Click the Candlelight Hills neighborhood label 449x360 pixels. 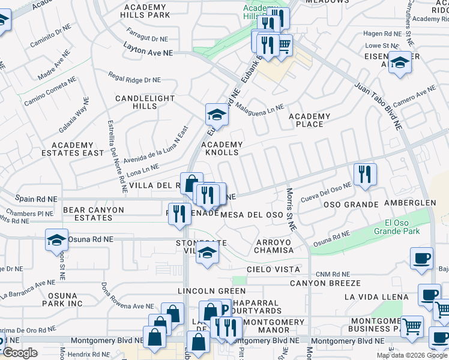(145, 102)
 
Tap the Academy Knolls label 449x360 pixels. (222, 149)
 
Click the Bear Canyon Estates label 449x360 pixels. (94, 214)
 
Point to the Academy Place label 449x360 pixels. (310, 120)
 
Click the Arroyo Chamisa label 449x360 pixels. (274, 246)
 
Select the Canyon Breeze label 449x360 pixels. (325, 283)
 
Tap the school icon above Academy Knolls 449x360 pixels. (217, 114)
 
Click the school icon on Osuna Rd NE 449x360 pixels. (56, 241)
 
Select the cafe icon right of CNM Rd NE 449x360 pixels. (421, 258)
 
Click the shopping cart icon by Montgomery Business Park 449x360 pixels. (412, 326)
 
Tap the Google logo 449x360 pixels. (20, 353)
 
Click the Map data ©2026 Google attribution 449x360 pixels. (411, 355)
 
